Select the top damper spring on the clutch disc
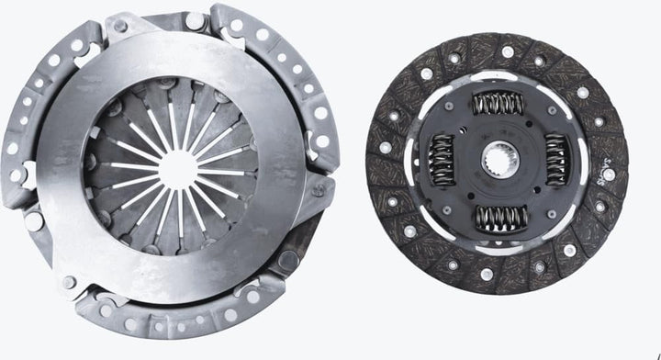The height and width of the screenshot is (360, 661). [x=498, y=103]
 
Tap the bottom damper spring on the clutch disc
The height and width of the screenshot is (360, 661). [x=500, y=218]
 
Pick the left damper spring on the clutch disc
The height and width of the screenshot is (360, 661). [x=442, y=158]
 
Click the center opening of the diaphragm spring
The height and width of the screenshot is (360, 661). [x=177, y=168]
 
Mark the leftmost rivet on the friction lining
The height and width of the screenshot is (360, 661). [x=385, y=148]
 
